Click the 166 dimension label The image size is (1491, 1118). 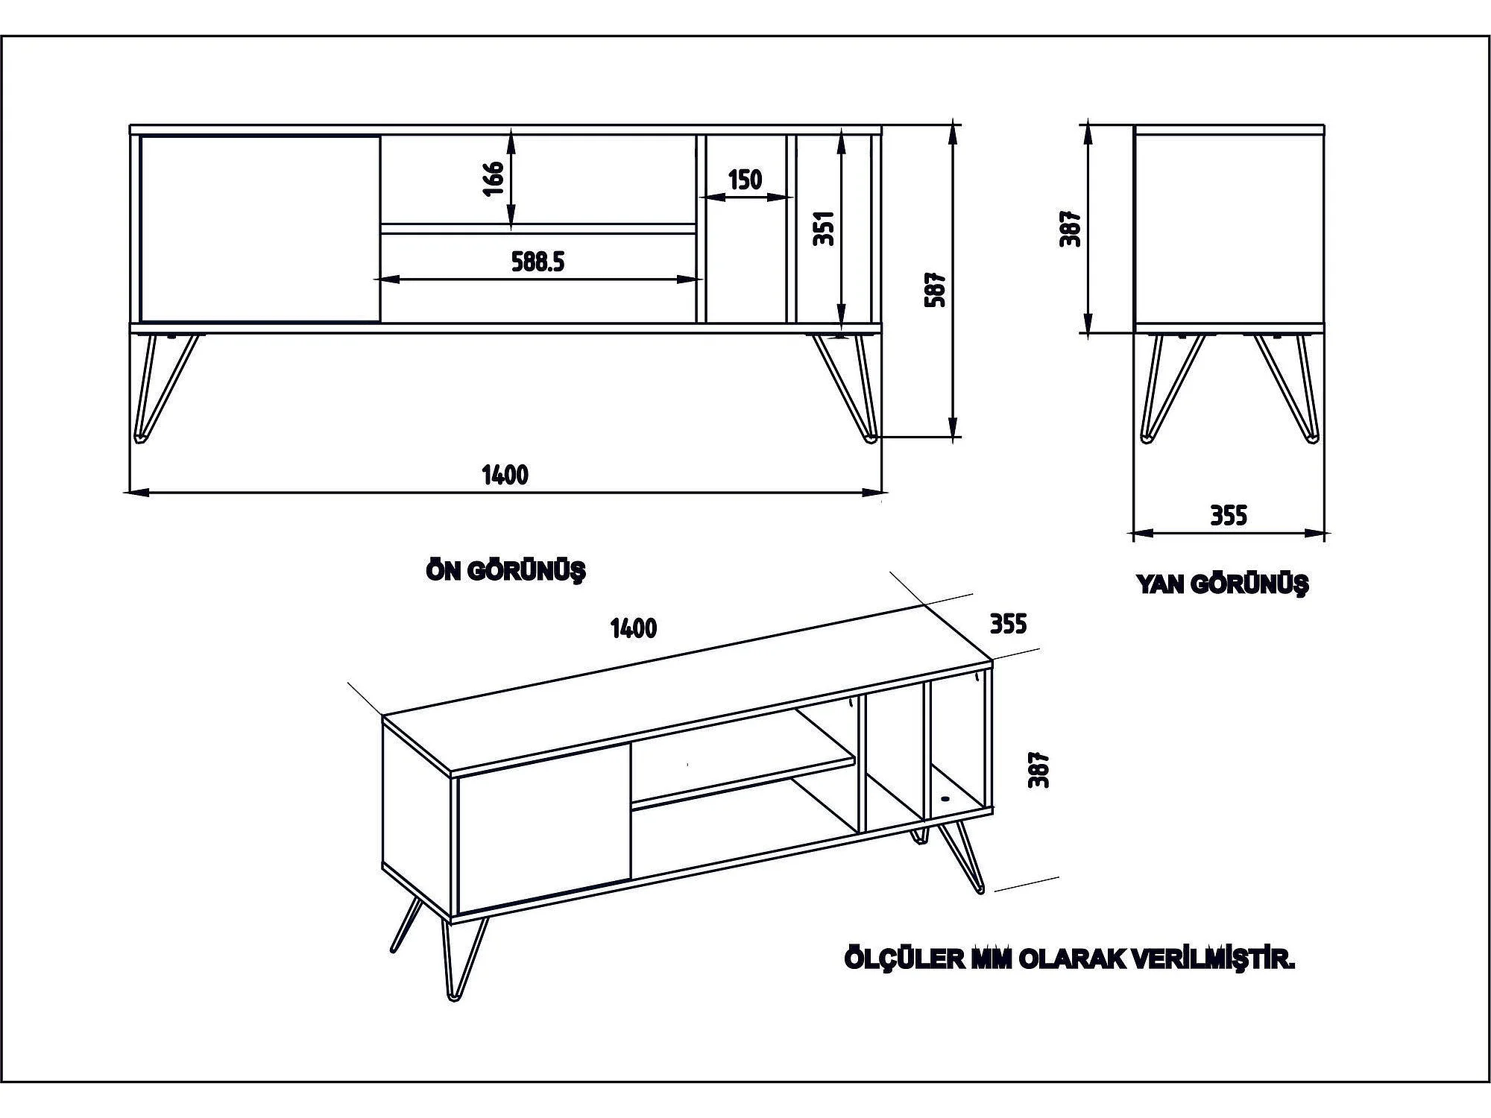(494, 178)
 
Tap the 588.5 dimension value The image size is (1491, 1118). (538, 262)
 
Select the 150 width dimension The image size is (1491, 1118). (745, 180)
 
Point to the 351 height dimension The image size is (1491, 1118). (824, 228)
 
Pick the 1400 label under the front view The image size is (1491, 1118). (505, 475)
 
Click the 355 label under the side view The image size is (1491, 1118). (1228, 516)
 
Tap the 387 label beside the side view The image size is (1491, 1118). (1071, 228)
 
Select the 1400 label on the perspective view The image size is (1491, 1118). (633, 628)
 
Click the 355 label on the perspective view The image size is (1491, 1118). (1008, 623)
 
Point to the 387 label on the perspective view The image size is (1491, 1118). (1038, 769)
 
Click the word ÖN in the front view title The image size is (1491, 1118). (441, 571)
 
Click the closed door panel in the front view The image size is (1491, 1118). (259, 229)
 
